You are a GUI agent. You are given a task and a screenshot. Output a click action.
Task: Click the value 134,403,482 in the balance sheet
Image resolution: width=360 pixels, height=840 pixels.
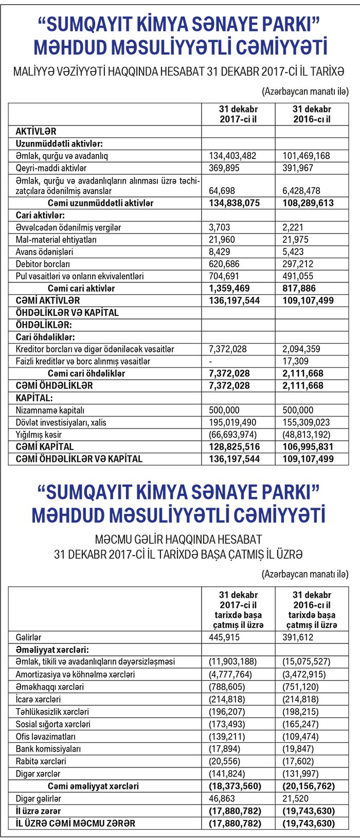click(232, 156)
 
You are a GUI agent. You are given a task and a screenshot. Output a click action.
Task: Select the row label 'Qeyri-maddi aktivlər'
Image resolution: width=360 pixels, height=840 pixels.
click(51, 168)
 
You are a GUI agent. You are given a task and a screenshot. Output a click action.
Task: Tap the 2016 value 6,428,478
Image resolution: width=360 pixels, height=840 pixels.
click(305, 191)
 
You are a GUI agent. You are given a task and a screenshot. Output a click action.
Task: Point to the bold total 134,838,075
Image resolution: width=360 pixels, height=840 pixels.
click(234, 203)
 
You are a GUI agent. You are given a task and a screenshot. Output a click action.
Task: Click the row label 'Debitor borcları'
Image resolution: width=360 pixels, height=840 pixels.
click(43, 264)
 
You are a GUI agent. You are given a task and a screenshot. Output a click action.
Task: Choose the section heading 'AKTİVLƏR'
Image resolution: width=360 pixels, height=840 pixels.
click(36, 132)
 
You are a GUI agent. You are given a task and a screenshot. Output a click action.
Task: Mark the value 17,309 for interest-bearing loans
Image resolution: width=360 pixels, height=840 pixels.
click(296, 361)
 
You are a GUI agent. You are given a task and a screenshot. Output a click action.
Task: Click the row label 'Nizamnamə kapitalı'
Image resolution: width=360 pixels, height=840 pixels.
click(50, 410)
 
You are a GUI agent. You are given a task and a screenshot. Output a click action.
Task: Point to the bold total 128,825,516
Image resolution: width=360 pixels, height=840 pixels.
click(234, 446)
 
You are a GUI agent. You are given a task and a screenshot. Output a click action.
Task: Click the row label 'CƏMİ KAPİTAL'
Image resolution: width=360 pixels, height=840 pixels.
click(45, 446)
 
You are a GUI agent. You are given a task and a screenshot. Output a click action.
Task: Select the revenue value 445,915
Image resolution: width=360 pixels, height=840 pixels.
click(224, 637)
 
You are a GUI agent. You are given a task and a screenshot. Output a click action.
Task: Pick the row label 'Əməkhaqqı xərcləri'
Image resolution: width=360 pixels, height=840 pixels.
click(49, 687)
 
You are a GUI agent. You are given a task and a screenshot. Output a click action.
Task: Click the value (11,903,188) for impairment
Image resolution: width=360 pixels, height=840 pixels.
click(232, 662)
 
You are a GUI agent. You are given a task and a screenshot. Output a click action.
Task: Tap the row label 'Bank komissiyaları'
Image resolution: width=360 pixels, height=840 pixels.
click(48, 749)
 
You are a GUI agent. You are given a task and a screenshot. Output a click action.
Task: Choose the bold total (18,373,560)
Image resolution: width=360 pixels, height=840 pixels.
click(235, 786)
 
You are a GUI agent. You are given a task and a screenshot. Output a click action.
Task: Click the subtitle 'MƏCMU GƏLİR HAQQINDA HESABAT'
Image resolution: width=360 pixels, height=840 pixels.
click(178, 540)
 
